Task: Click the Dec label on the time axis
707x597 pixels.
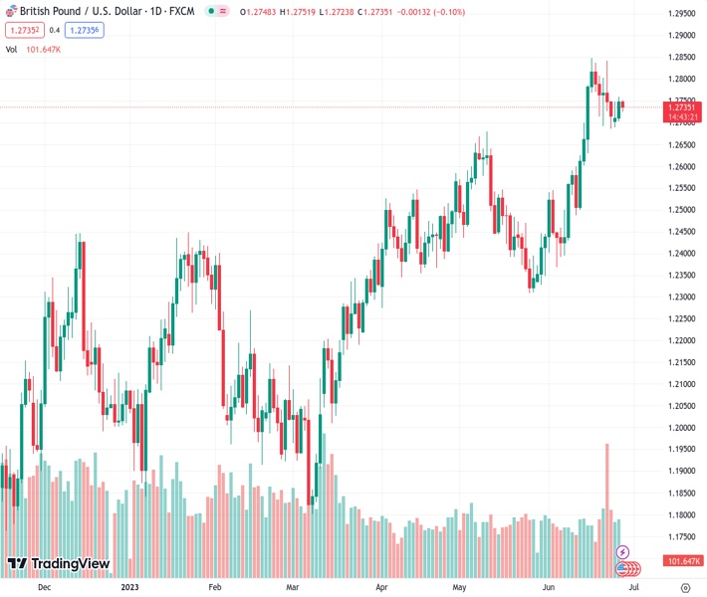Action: [x=43, y=588]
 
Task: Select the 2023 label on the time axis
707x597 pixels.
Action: [x=129, y=588]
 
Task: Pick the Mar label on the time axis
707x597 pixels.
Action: [x=292, y=588]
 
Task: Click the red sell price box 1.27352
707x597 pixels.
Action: [x=22, y=30]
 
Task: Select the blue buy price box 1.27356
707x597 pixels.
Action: [x=83, y=30]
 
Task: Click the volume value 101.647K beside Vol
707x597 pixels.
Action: [x=45, y=49]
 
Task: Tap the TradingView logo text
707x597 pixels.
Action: [x=70, y=564]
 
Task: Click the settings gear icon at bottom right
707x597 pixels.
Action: [x=685, y=588]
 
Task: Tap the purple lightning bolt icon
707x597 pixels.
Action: [x=623, y=552]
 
